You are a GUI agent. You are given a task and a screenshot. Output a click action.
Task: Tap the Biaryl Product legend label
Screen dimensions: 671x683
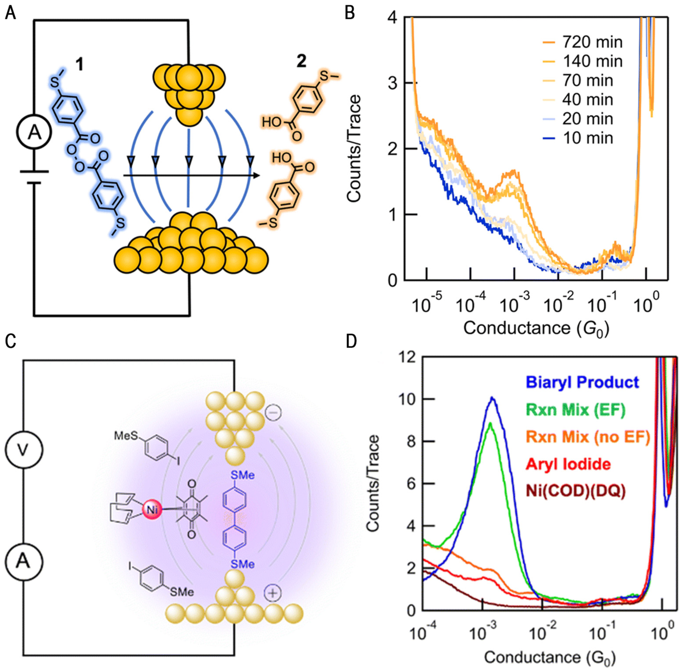coord(582,382)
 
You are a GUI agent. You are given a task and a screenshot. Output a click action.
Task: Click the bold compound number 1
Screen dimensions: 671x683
coord(80,65)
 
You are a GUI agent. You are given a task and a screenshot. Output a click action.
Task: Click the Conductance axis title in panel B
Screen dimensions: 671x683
coord(536,328)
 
